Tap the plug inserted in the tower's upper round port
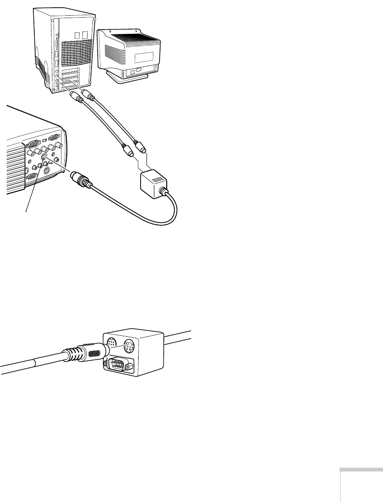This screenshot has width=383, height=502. point(87,92)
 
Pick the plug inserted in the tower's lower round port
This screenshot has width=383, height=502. point(75,99)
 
